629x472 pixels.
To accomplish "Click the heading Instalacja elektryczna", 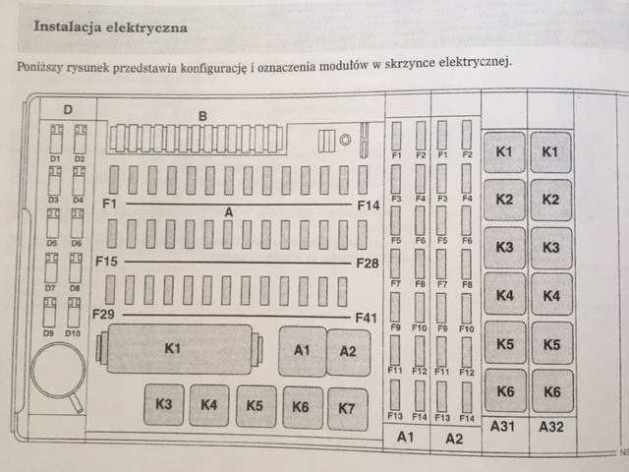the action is coord(111,28).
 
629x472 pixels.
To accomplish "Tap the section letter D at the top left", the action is coord(68,109).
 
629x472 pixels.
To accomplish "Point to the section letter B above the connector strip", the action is coord(202,116).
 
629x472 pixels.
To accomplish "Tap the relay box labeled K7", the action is coord(347,406).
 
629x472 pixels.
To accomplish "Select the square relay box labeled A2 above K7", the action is coord(348,352).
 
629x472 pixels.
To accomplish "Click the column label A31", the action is coord(503,426).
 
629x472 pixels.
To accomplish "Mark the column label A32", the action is coord(550,426).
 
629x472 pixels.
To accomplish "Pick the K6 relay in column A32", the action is coord(551,390).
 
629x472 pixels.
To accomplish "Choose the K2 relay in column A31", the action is coord(504,200).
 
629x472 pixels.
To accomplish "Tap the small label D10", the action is coord(73,333).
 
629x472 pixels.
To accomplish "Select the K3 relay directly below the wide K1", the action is coord(163,404).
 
